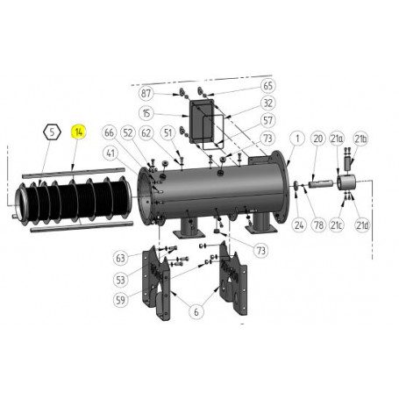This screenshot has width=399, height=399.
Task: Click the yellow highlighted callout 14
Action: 79,133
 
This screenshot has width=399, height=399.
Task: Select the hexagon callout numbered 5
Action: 52,133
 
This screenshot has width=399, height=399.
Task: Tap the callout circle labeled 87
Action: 146,93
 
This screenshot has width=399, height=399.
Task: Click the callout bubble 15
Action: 146,113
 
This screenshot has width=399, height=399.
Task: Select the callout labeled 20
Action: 317,139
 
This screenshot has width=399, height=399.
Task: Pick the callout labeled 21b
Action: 360,139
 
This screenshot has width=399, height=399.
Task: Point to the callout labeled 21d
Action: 360,224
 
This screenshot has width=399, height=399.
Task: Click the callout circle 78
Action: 318,224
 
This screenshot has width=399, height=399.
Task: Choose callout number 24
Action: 298,224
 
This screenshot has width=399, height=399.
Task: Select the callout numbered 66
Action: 110,133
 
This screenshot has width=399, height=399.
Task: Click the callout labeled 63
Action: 121,258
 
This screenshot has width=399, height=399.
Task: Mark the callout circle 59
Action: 121,298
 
